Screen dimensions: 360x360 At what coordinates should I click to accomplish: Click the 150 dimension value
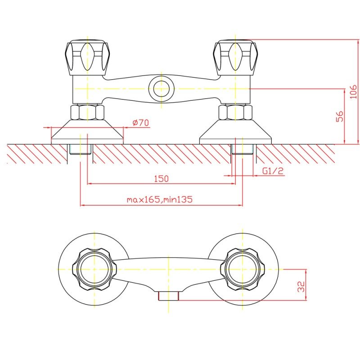coord(161,178)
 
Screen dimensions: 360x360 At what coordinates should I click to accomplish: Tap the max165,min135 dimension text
coord(160,199)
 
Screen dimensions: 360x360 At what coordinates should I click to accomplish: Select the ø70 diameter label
coord(141,122)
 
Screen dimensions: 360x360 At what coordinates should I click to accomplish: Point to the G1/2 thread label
coord(273,171)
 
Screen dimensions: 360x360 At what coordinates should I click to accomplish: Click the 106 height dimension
coord(353,92)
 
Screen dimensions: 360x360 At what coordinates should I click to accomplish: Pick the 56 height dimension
coord(340,116)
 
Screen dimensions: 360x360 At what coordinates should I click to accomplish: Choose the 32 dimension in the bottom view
coord(301,287)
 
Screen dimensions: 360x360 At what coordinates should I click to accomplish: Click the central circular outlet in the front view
coord(161,89)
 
